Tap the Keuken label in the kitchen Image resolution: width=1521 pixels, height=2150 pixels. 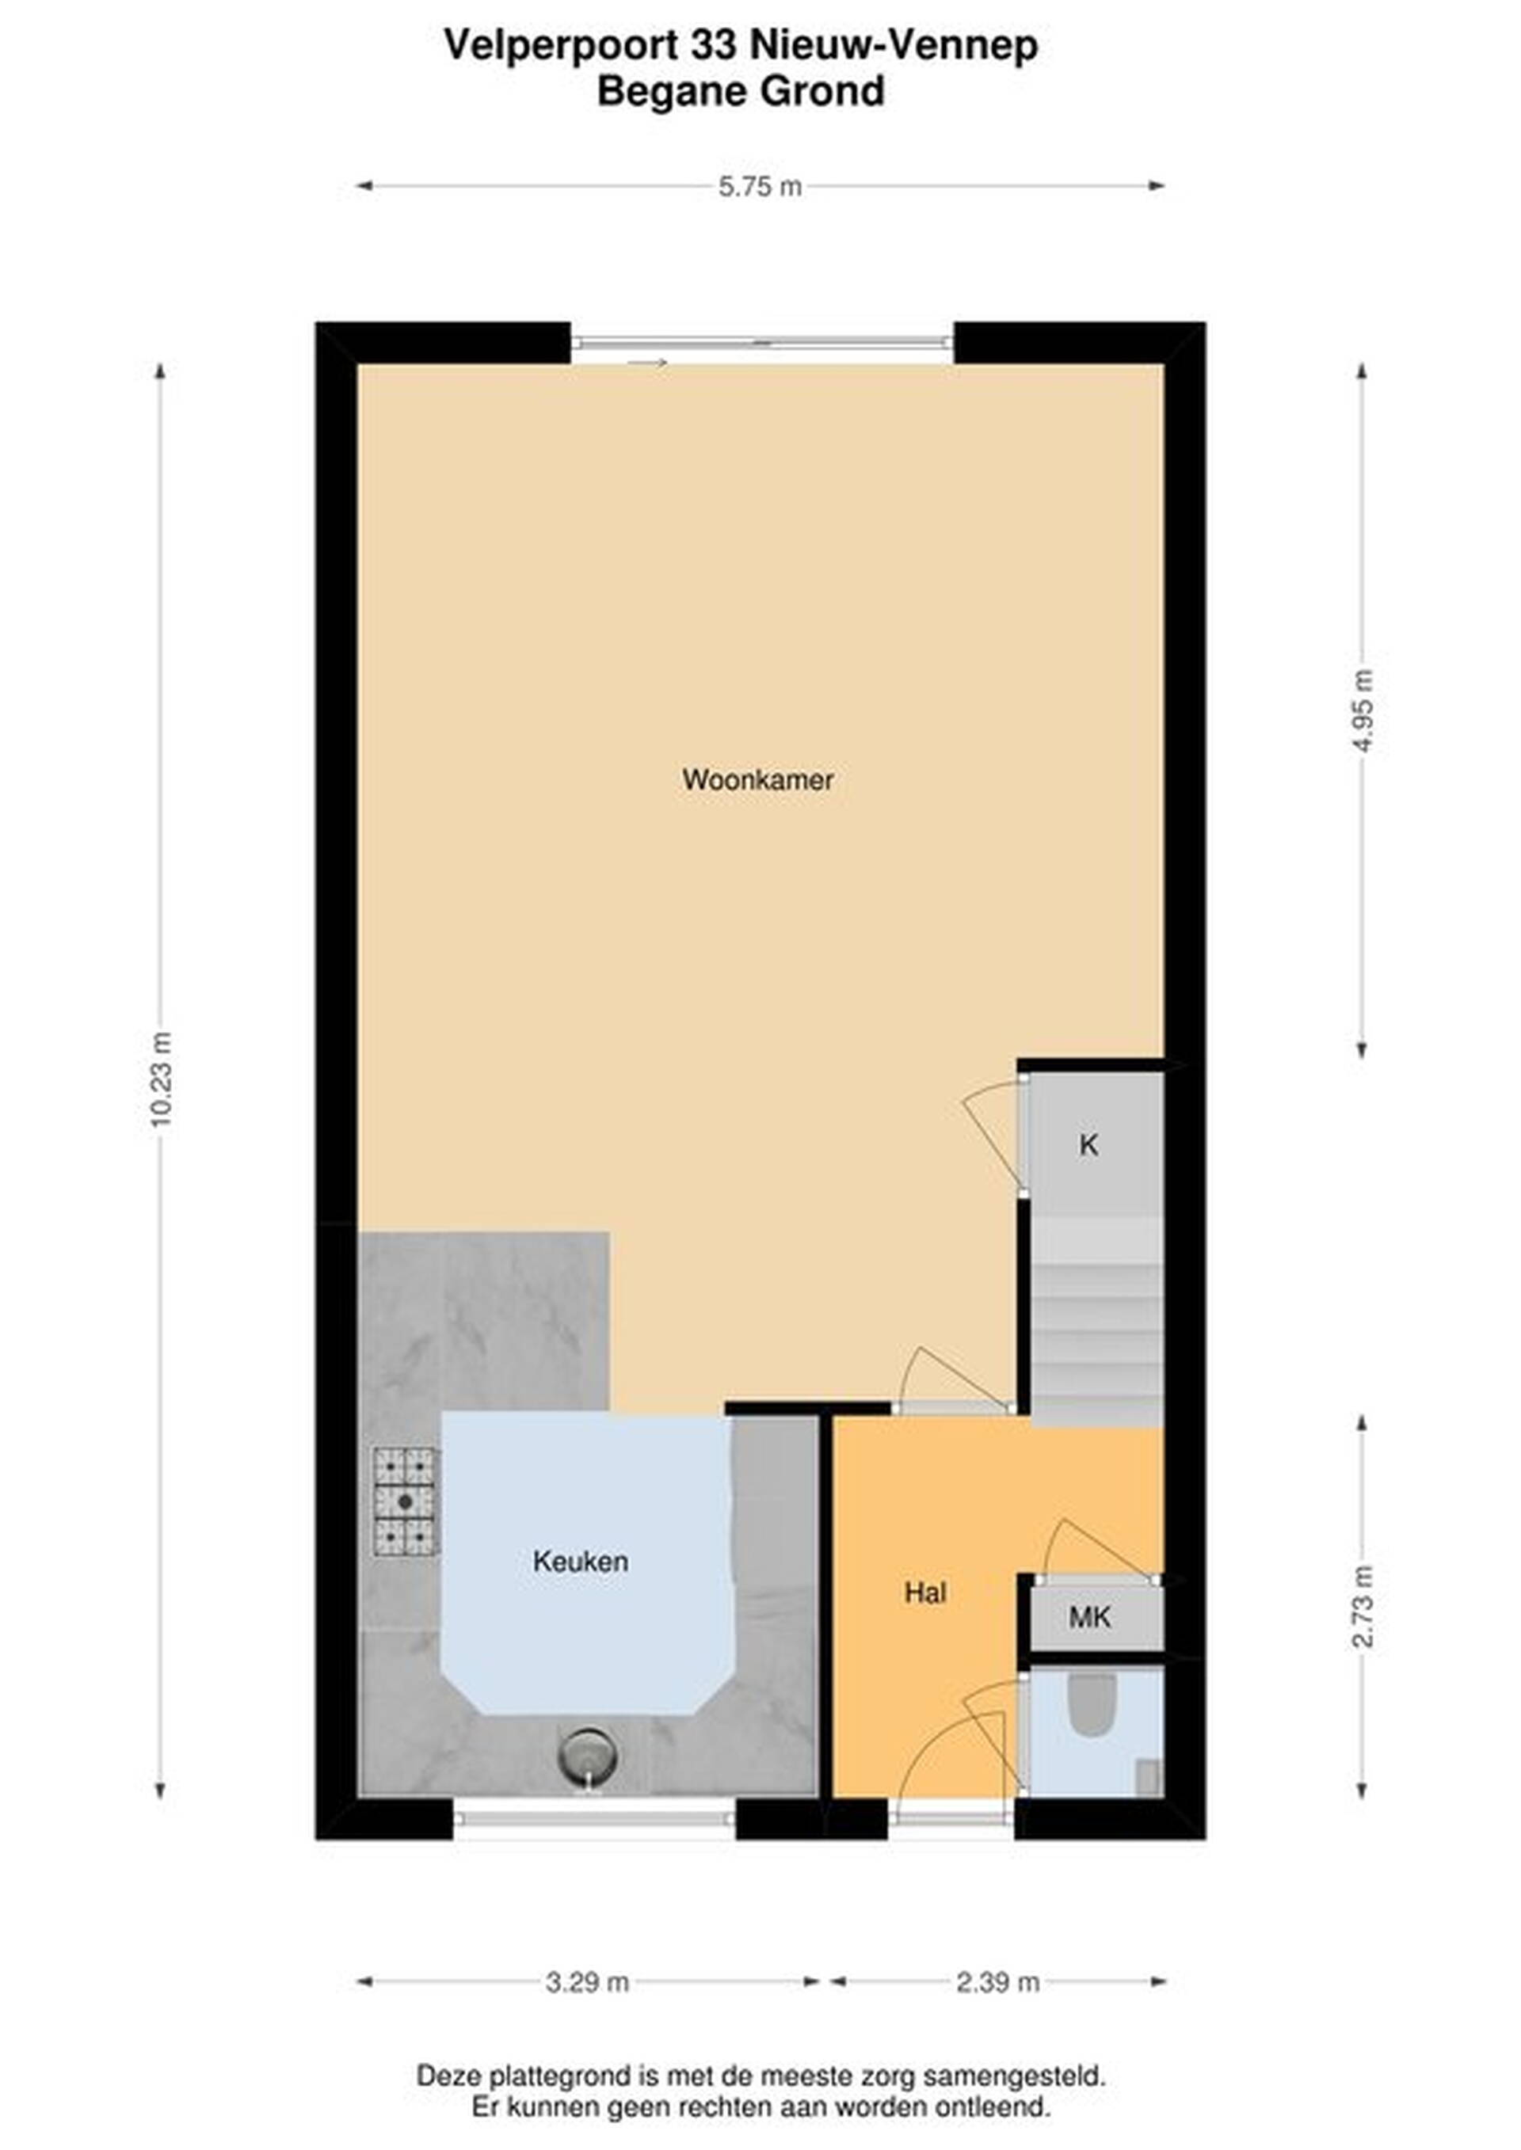click(581, 1561)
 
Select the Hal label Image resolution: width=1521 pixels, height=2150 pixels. click(925, 1592)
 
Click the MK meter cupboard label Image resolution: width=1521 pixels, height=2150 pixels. click(1089, 1616)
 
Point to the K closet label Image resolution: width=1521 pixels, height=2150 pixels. click(1088, 1144)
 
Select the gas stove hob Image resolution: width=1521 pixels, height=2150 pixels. click(406, 1502)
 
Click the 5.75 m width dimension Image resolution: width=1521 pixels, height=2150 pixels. click(760, 186)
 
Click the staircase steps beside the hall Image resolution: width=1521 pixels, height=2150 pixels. click(1096, 1321)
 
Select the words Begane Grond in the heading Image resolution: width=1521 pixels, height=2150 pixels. click(741, 92)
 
